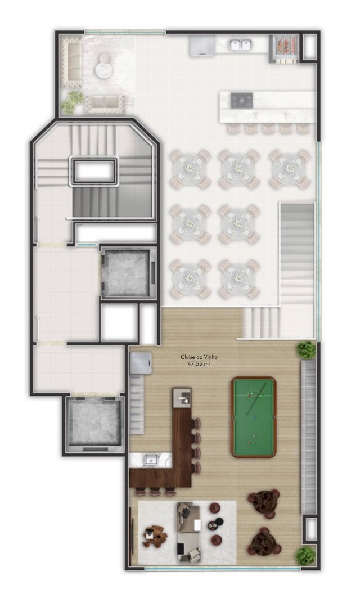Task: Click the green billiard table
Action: (254, 417)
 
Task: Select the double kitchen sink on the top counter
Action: (240, 44)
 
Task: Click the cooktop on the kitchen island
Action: (242, 100)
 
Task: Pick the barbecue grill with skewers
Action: (283, 47)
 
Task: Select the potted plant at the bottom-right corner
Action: (306, 556)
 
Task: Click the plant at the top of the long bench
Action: (306, 350)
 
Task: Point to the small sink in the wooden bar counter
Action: (182, 398)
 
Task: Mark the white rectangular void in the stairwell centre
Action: (94, 171)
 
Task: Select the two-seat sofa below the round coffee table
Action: (105, 104)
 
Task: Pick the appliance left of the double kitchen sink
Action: (202, 46)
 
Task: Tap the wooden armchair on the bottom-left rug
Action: (155, 536)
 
